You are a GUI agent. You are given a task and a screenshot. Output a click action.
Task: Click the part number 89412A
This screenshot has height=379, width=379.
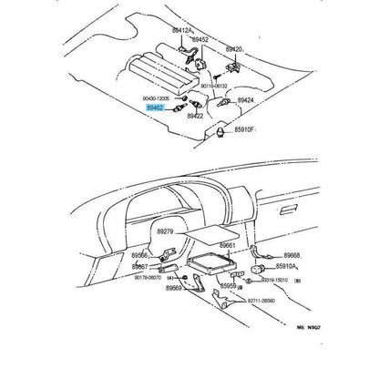[x=179, y=30]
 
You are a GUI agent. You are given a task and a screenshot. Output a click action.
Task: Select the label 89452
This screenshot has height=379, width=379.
[x=199, y=39]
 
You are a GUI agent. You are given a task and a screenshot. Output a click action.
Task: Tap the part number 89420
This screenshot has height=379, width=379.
[x=233, y=48]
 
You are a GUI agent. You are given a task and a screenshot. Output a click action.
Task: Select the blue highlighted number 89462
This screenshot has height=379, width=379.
[x=155, y=107]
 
